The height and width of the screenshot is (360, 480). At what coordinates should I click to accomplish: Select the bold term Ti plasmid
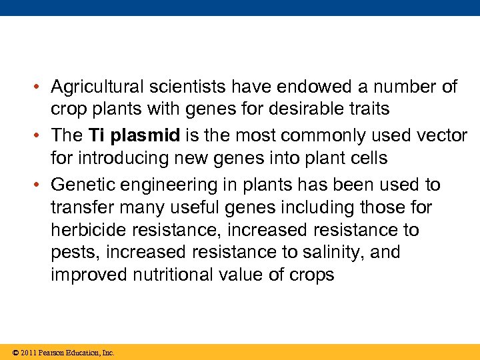tap(134, 136)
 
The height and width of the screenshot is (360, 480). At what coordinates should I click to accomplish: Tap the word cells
tap(369, 158)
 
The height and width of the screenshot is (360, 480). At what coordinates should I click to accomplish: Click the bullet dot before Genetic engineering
tap(41, 185)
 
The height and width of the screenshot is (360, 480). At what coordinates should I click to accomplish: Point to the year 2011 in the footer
tap(28, 353)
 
